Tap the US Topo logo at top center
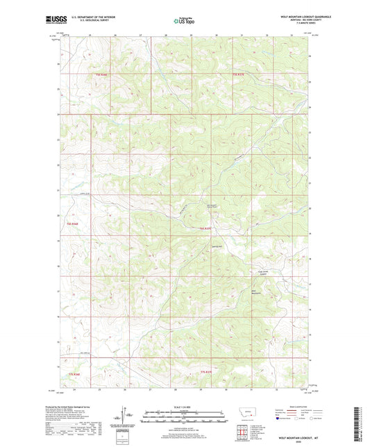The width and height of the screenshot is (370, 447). coord(184,21)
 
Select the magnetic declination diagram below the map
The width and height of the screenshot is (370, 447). coord(128,416)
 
